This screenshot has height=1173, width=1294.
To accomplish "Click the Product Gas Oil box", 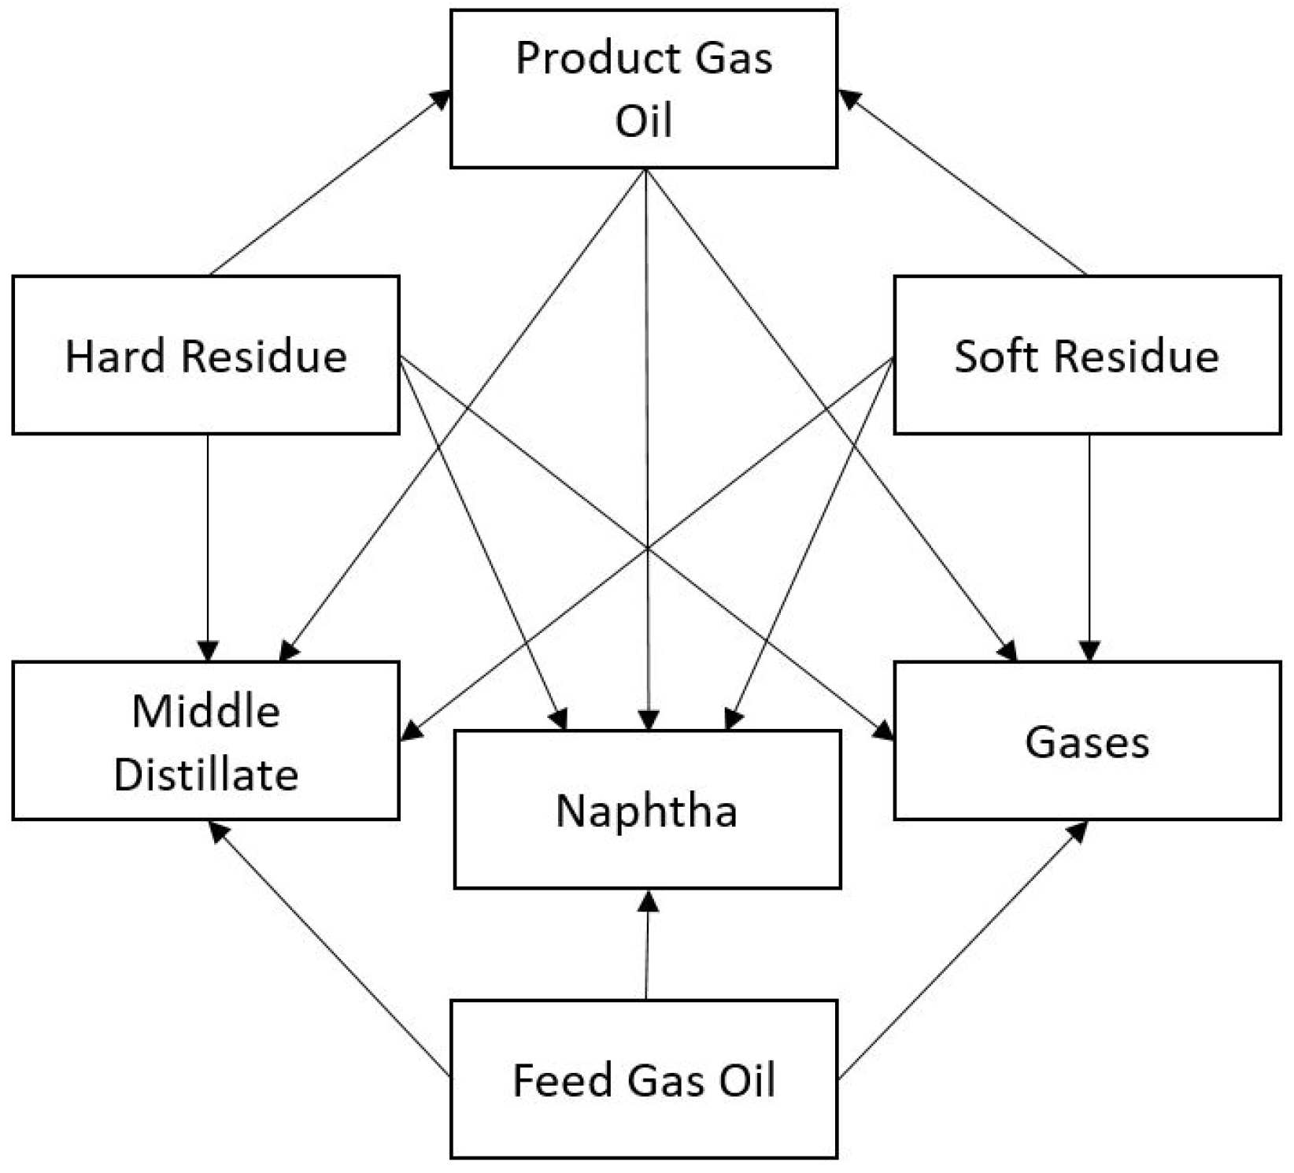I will [644, 89].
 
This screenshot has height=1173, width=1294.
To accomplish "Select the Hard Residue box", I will [205, 354].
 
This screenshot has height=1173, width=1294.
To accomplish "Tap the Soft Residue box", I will [1087, 354].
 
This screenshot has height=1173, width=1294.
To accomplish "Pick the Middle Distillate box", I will [205, 741].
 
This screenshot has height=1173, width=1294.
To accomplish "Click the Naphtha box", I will [647, 809].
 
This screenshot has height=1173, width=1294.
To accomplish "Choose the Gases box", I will [1087, 741].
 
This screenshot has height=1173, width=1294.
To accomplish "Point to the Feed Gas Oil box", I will [644, 1079].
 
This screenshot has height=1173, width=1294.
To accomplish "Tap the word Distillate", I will [206, 774].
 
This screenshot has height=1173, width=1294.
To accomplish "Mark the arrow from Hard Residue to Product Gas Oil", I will [331, 183].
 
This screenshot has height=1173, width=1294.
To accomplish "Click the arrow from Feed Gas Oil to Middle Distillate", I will [331, 949].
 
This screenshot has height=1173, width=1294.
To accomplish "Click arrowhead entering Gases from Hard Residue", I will [885, 731].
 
